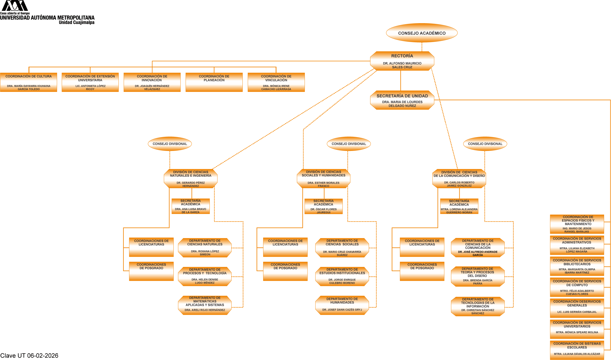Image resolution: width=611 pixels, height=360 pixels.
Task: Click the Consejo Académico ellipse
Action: point(422,33)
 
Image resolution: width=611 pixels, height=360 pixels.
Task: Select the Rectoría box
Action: point(402,61)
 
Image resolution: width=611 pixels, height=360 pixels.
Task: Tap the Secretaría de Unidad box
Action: point(402,100)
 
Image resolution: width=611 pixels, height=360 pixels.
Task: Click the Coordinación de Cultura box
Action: point(29,82)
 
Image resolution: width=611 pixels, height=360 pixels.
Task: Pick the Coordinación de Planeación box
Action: point(214,82)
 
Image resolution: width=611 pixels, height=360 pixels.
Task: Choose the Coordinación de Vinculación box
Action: point(276,82)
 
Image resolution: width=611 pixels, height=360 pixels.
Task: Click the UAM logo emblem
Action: point(15,6)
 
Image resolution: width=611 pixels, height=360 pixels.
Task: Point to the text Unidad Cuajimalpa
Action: point(76,22)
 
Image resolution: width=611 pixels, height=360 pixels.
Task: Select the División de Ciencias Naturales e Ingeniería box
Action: point(191,179)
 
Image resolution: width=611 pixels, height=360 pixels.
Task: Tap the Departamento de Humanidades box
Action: point(342,305)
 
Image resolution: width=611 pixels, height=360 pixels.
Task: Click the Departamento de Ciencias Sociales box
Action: point(342,248)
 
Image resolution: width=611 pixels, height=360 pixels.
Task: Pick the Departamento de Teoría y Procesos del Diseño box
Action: point(478,277)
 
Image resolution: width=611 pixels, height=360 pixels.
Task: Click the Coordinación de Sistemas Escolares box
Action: point(577,350)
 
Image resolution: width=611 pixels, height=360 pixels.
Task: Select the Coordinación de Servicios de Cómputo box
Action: point(577,287)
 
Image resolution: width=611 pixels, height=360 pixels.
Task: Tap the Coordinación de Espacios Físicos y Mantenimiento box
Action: point(577,224)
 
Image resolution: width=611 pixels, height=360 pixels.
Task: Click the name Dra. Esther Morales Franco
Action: point(323,184)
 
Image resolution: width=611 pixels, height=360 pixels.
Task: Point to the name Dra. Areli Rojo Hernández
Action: point(205,310)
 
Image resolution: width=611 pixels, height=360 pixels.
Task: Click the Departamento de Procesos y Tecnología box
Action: point(205,277)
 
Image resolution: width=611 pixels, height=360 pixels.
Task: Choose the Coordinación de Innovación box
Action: point(152,82)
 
